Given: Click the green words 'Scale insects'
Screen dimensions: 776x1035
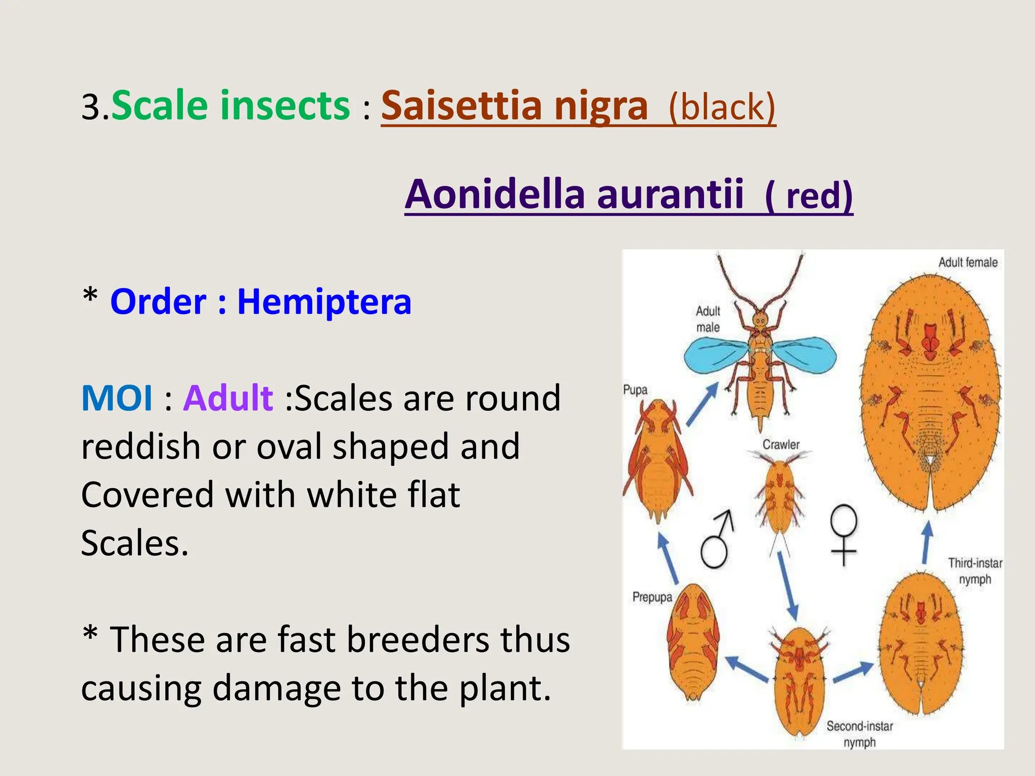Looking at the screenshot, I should coord(230,105).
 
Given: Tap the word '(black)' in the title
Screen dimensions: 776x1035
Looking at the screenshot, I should coord(722,107).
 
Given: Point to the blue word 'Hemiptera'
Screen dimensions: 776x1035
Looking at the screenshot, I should coord(324,302).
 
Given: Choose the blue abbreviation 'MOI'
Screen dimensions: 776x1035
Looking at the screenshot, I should coord(117,398).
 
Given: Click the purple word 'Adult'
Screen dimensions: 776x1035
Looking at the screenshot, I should coord(228,398).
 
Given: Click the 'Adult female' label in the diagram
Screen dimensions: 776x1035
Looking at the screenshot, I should coord(968,262).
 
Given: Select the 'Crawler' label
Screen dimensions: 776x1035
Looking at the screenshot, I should coord(781,445).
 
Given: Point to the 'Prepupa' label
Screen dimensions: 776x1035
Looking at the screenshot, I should coord(652,597).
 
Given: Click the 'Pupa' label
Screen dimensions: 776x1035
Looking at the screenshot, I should coord(635,390).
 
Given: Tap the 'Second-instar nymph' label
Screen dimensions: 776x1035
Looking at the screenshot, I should coord(859,734).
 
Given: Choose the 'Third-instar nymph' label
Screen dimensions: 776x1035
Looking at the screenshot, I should coord(975,571).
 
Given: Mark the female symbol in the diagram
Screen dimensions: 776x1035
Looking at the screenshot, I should coord(843,535).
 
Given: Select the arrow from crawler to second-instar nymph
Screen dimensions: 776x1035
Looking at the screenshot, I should coord(787,585).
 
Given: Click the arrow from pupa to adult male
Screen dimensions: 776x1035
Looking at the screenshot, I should coord(702,404).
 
